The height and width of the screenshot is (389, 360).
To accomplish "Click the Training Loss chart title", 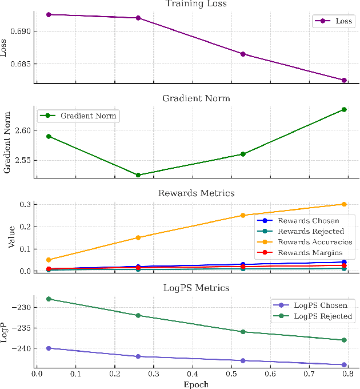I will pos(196,4).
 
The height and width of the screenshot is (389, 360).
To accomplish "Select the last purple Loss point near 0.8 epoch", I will pos(344,80).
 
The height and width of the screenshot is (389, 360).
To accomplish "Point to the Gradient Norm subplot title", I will pos(196,98).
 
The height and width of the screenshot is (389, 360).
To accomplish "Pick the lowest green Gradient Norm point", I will pos(138,175).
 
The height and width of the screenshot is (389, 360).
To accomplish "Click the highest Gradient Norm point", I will pos(344,109).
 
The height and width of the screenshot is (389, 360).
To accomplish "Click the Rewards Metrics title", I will pos(196,193).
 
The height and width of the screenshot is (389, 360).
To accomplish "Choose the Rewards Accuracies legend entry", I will pos(315,242).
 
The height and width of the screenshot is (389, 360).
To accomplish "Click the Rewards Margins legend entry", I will pos(311,253).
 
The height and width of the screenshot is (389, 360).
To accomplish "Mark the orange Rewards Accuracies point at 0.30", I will pos(344,204).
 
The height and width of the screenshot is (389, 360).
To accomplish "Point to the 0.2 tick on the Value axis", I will pos(25,227).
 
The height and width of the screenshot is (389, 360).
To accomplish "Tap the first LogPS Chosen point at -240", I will pos(49,348).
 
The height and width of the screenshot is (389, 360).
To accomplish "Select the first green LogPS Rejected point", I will pos(49,299).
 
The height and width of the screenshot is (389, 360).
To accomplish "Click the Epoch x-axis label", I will pos(196,384).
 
